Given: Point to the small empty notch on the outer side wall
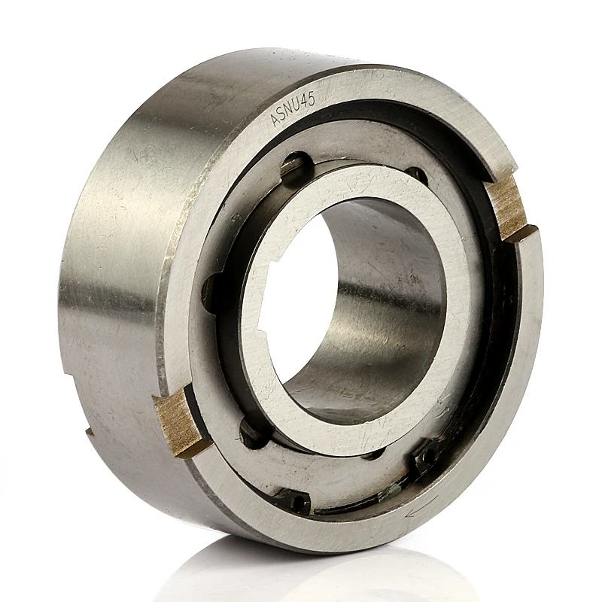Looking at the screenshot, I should [x=89, y=431].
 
